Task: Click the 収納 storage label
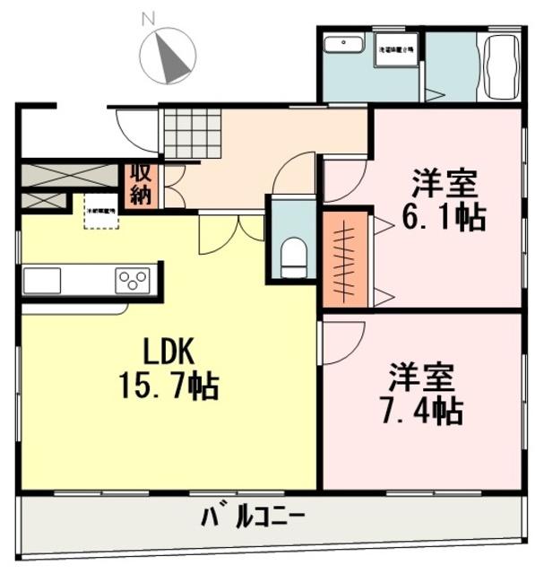(141, 184)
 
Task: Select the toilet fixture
(293, 257)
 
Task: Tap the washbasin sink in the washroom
(343, 45)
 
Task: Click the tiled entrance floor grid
(186, 132)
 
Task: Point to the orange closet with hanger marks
(346, 258)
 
